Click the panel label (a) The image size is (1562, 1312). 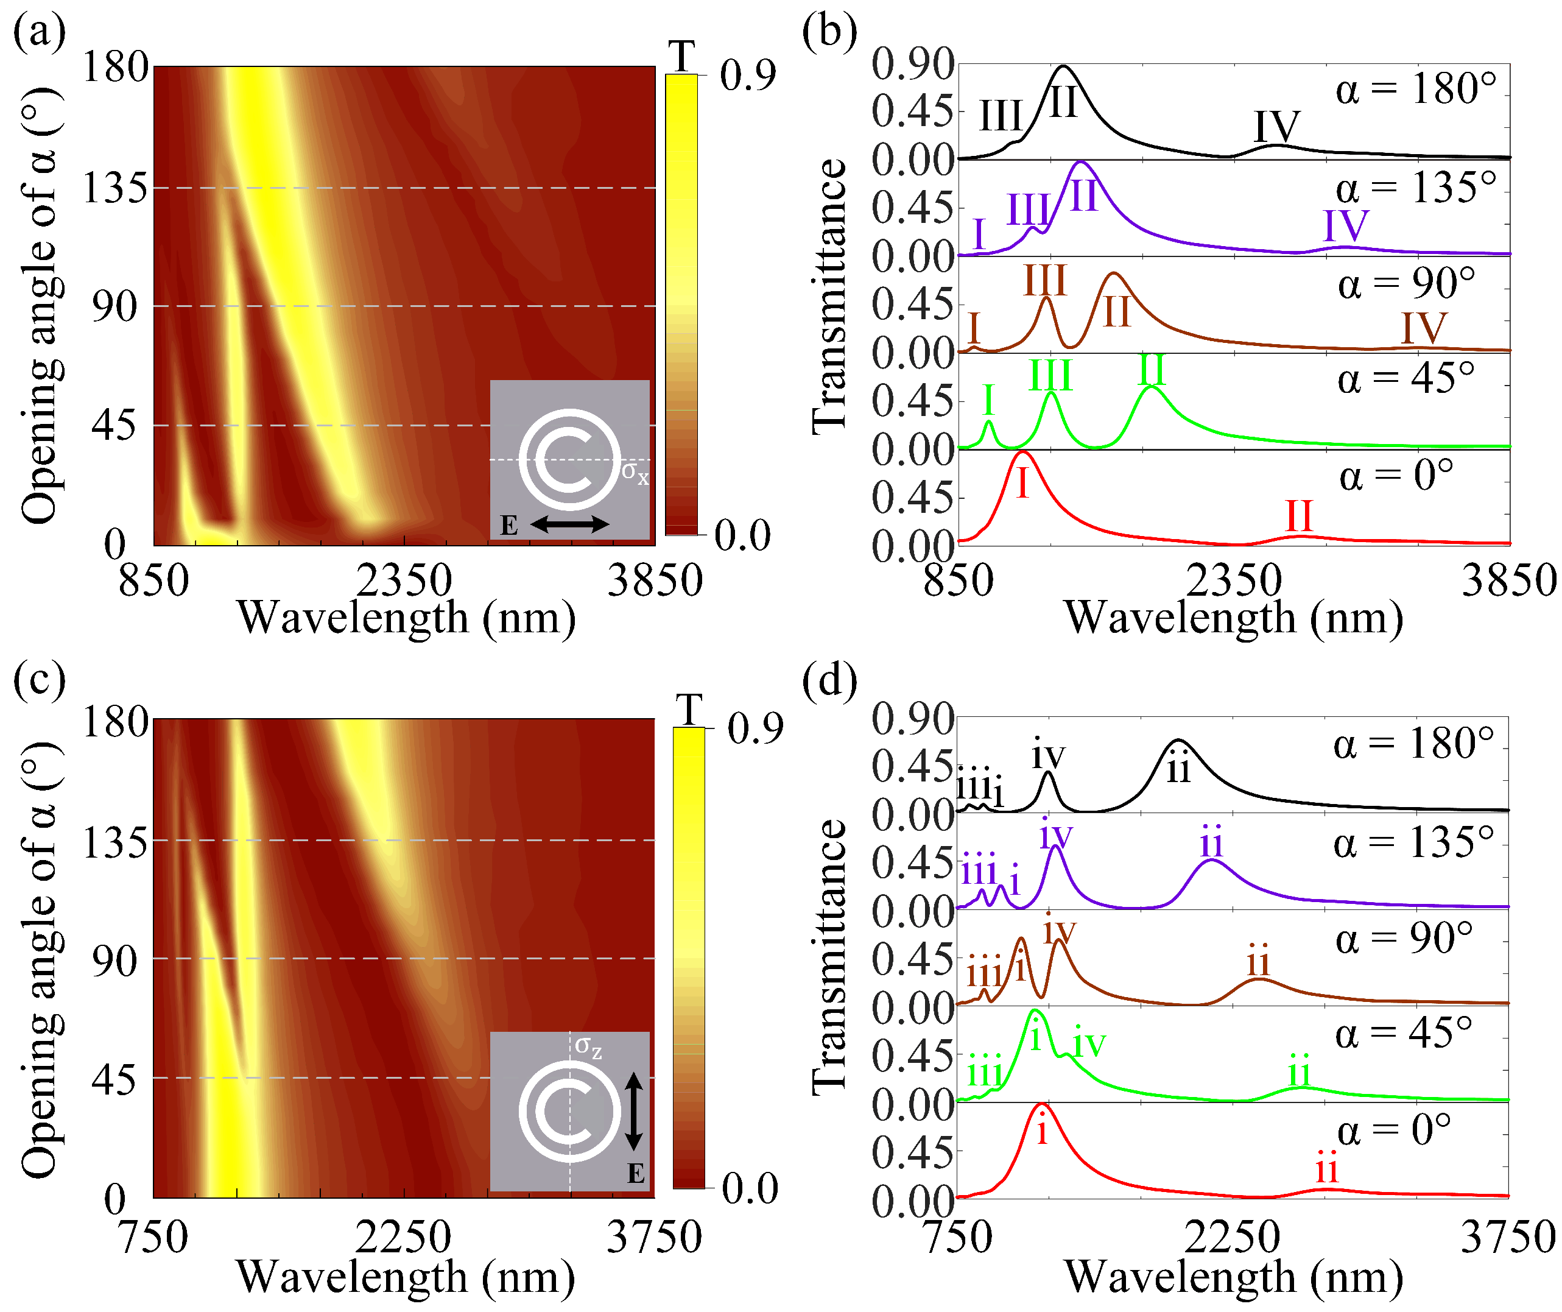[39, 33]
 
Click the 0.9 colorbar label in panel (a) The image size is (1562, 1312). [748, 74]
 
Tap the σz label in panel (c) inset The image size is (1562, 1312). [588, 1046]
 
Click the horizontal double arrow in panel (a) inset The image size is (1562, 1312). [569, 524]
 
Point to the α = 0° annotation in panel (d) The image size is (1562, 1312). [1394, 1131]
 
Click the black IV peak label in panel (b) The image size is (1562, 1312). [1276, 127]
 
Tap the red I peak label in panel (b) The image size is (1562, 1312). [1022, 484]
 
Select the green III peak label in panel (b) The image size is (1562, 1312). [1050, 376]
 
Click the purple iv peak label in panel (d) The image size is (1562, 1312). [1055, 834]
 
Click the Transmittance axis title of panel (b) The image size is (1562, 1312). [829, 296]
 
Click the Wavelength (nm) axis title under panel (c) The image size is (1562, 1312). [406, 1278]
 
